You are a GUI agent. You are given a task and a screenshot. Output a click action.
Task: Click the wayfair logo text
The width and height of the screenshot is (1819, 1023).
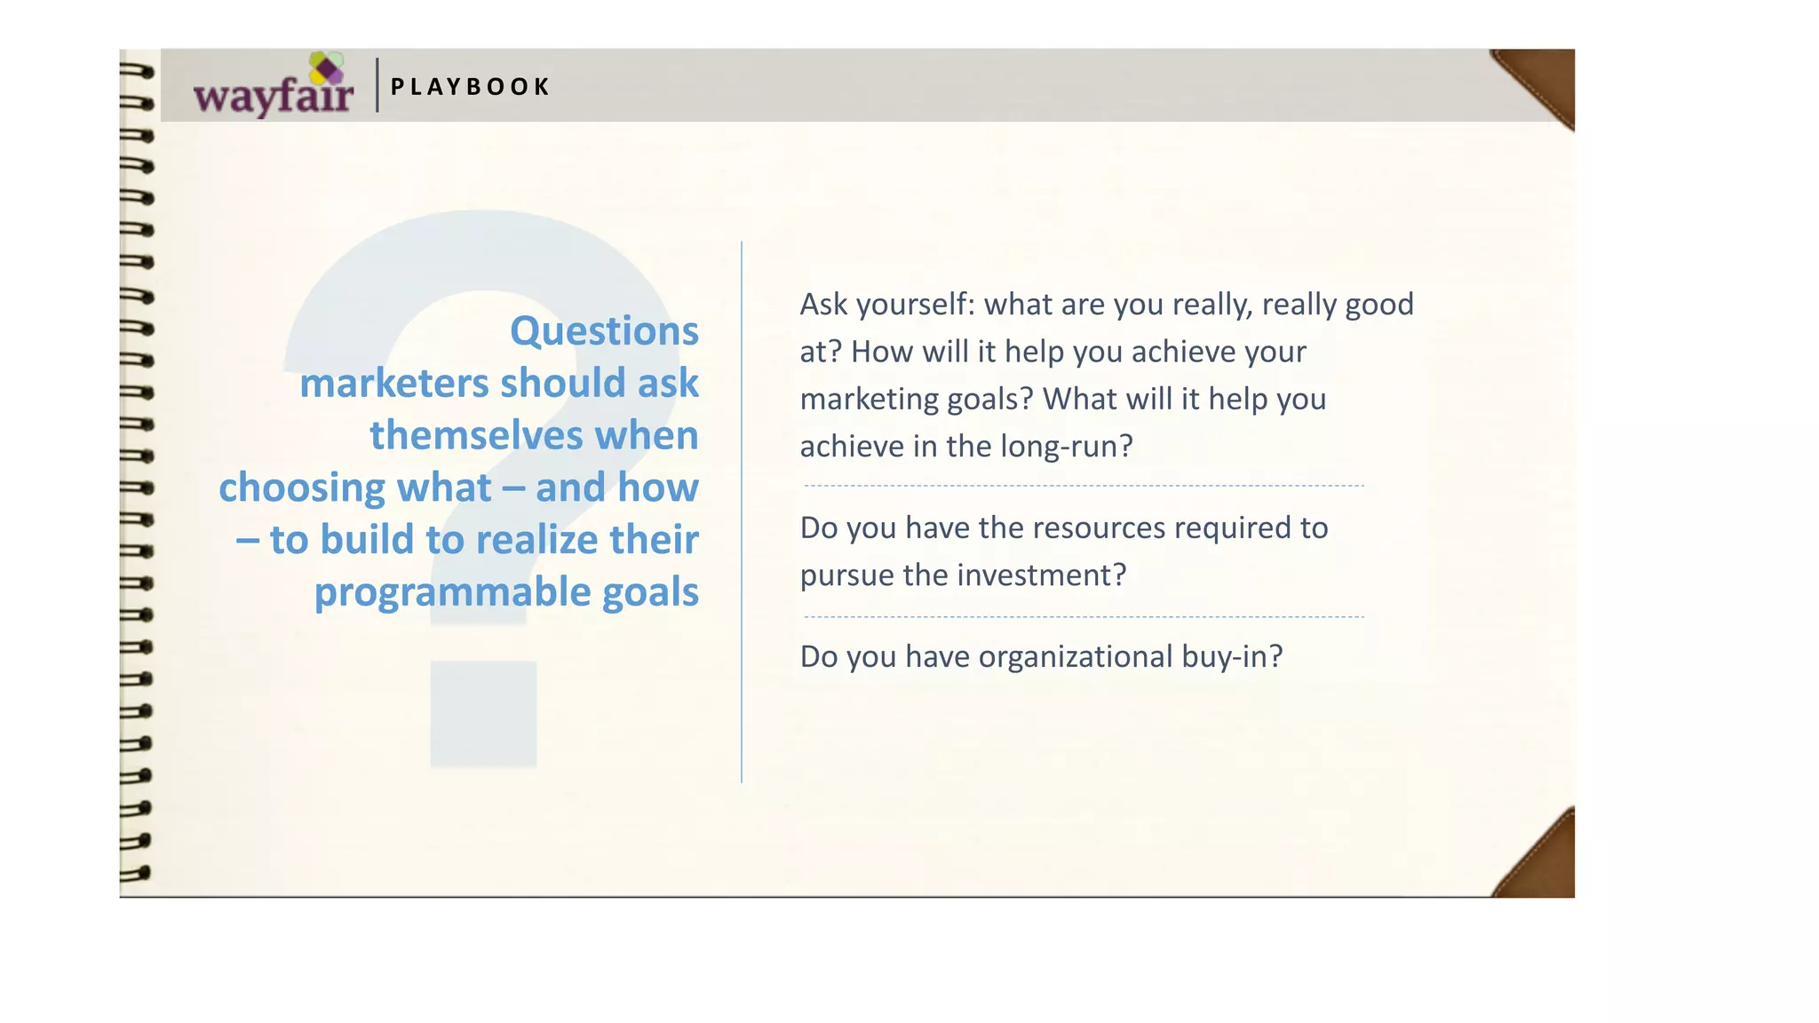click(273, 95)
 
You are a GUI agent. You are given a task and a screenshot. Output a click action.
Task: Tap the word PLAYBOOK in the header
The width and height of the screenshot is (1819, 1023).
click(470, 87)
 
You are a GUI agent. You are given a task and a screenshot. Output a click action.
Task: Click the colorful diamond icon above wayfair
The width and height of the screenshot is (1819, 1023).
click(326, 67)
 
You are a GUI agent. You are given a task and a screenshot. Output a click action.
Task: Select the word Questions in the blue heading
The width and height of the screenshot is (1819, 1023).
click(604, 331)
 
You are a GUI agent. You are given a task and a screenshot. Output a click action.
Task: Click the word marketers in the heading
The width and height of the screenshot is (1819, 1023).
click(393, 384)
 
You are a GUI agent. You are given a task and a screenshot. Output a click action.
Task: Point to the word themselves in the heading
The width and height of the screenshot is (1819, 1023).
click(475, 436)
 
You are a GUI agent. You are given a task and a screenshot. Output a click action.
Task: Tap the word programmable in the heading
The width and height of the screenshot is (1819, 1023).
click(451, 592)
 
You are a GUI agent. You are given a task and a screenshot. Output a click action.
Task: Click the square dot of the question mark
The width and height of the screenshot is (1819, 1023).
click(483, 714)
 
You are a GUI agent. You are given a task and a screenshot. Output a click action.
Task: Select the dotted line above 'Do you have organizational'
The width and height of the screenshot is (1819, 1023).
click(1084, 616)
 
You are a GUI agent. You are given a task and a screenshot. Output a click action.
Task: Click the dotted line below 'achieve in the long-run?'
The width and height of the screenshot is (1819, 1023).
click(1084, 486)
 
